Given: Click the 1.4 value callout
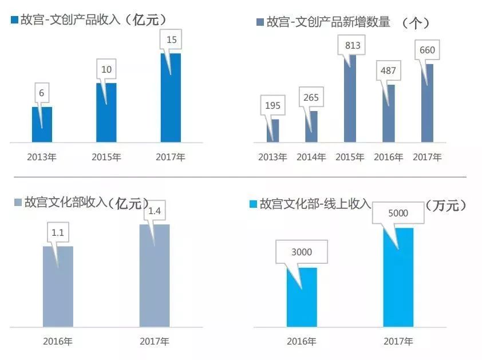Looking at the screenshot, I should pos(155,211).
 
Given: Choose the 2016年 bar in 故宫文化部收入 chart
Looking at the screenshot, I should pos(58,286).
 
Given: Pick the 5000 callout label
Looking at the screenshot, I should pos(398,213).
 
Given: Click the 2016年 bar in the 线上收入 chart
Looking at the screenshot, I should pos(302,298).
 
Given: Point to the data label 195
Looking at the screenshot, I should pos(272,105).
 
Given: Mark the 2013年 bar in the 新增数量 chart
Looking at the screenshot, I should pos(272,131).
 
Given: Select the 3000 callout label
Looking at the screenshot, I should pos(302,252).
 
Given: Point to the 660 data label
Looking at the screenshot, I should pos(427,50).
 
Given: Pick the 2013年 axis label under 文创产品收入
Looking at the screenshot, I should pos(42,157).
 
